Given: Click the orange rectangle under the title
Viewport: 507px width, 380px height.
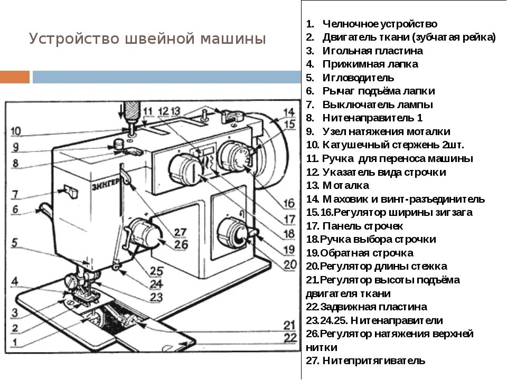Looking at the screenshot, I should (14, 77).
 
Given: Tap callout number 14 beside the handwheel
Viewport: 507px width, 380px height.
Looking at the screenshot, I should (288, 112).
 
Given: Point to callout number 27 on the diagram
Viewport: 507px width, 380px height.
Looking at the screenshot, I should (180, 232).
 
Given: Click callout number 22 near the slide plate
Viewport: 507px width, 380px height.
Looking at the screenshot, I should (288, 337).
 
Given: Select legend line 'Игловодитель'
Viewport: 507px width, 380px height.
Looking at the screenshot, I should (358, 78).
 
